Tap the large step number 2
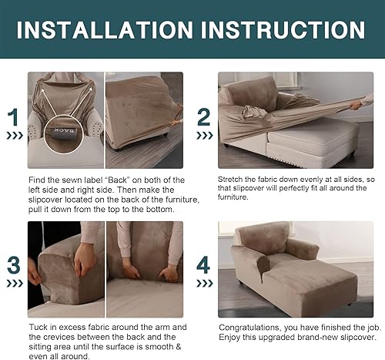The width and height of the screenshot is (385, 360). (x=203, y=117)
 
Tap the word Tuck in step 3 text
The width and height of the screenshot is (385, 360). (x=38, y=328)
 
